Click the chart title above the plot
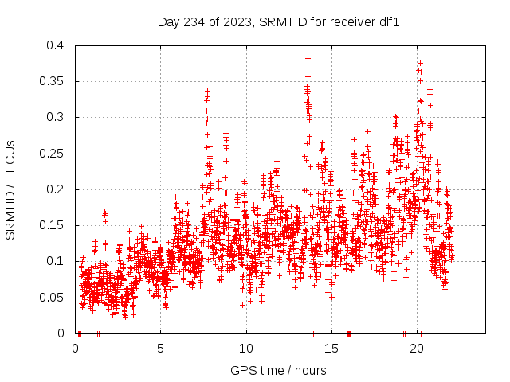(x=278, y=21)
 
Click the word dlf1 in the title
(x=386, y=21)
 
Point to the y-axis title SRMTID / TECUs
(x=11, y=189)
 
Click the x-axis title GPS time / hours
(x=278, y=370)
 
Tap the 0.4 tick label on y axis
(x=55, y=45)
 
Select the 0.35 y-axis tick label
(x=52, y=81)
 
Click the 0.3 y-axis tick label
(x=55, y=117)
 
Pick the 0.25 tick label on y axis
(x=52, y=154)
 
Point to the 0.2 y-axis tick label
(x=55, y=189)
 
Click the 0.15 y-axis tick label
(x=52, y=225)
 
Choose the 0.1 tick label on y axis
(x=55, y=261)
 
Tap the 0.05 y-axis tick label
(x=52, y=298)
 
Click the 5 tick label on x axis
(x=160, y=349)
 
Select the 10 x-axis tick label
(x=246, y=349)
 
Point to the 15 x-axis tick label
(x=331, y=349)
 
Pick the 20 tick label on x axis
(x=417, y=349)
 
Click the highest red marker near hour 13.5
(x=308, y=57)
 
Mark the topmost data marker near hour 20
(x=420, y=63)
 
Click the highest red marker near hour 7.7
(x=207, y=92)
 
